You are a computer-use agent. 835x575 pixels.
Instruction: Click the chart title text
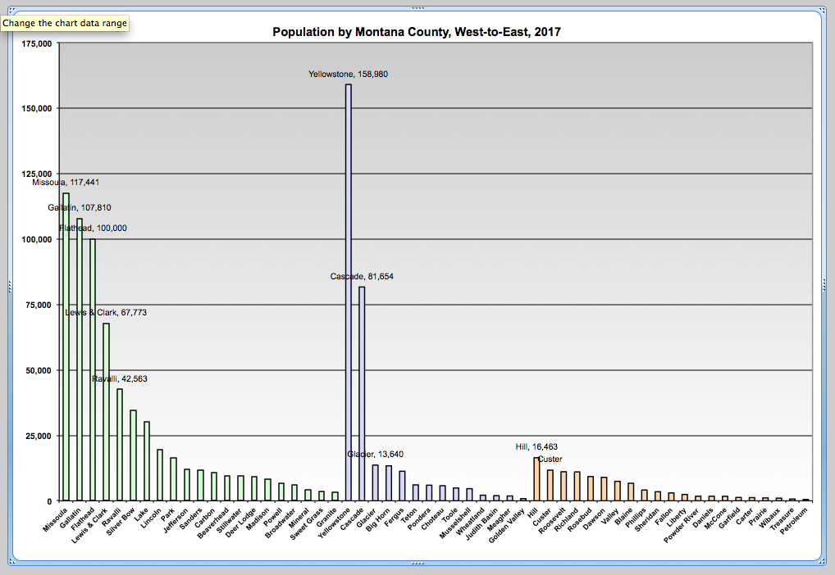[417, 32]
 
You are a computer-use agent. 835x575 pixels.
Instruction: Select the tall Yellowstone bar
[349, 295]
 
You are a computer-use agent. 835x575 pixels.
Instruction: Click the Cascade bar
[362, 393]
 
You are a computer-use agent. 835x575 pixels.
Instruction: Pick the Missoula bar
[66, 344]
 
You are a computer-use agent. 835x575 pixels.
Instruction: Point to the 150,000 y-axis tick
[36, 108]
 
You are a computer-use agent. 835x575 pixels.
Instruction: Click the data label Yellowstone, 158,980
[348, 74]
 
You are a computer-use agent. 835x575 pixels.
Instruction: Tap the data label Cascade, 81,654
[362, 277]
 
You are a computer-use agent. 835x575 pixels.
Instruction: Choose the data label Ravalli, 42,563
[120, 379]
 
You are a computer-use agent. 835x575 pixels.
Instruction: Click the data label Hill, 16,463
[536, 447]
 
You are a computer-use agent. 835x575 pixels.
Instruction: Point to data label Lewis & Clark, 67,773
[106, 313]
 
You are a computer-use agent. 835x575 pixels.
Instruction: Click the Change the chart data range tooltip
[65, 23]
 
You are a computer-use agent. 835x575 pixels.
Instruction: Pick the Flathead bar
[93, 369]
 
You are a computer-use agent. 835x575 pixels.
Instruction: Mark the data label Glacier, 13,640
[376, 454]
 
